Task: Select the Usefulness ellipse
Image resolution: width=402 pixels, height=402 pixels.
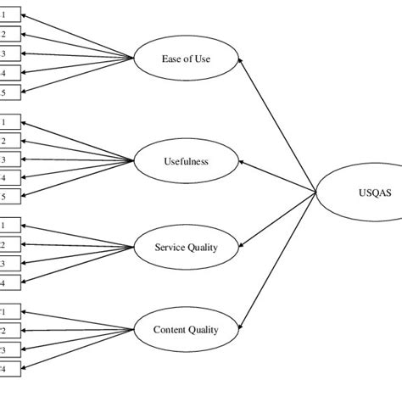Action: coord(186,159)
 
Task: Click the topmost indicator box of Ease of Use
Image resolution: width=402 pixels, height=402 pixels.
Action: coord(8,15)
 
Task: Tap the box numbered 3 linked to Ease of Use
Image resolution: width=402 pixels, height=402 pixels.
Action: coord(8,53)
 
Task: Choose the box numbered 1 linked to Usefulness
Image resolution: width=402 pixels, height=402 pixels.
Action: coord(8,122)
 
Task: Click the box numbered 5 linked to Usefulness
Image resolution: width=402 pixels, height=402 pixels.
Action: coord(8,197)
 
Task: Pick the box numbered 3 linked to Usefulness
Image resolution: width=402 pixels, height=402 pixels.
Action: coord(8,159)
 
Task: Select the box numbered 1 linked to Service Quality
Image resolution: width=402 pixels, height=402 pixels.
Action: coord(8,226)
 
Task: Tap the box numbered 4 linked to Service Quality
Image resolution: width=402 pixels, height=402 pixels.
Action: coord(8,282)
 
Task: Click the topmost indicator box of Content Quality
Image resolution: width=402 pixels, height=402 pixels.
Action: coord(8,311)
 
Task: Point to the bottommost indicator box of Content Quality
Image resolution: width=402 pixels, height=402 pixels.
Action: coord(8,369)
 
